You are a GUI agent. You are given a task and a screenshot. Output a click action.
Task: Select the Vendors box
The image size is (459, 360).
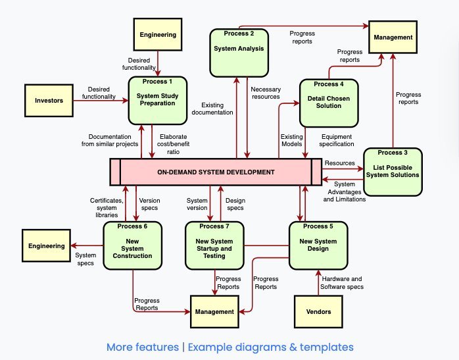319,311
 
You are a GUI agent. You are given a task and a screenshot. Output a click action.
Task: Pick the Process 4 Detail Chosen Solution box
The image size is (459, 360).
329,103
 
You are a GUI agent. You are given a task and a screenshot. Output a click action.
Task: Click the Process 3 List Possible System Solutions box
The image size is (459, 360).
393,171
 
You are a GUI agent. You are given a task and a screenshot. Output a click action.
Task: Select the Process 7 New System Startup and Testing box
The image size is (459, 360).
214,246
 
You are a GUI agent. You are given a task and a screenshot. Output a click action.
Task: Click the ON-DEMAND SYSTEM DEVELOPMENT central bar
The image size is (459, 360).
216,172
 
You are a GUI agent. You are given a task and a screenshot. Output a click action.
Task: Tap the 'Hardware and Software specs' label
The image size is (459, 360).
341,282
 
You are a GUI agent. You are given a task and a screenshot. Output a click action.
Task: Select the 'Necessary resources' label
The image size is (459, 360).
266,93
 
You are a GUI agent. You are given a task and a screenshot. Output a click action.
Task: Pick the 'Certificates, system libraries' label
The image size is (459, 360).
104,207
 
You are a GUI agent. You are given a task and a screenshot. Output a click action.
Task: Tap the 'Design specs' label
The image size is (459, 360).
235,204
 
